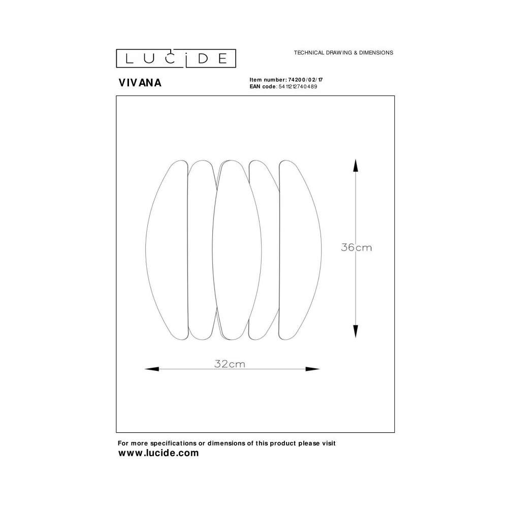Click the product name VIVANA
(x=140, y=83)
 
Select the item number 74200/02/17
(x=305, y=80)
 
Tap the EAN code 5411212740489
(x=298, y=86)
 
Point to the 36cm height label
(x=357, y=247)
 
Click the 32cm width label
(x=230, y=364)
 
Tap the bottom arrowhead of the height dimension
(x=356, y=331)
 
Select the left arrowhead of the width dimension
(x=151, y=369)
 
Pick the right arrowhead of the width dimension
(x=312, y=369)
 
